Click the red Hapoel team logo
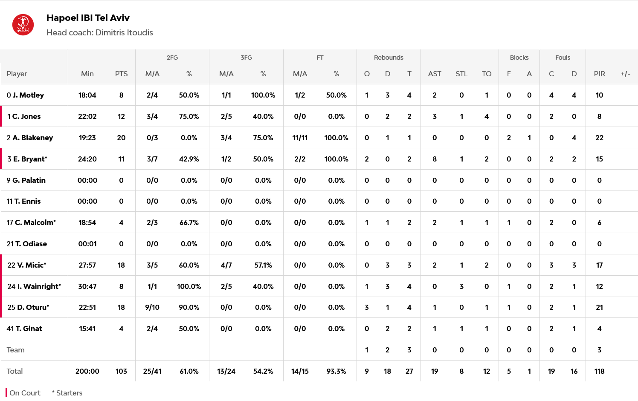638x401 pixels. [x=23, y=25]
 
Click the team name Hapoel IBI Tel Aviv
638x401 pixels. [x=88, y=18]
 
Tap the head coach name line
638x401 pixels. [x=99, y=33]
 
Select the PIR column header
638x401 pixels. [x=599, y=74]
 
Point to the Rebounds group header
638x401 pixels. [x=388, y=58]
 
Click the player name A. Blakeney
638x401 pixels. [x=32, y=138]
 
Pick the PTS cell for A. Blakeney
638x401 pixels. [x=121, y=138]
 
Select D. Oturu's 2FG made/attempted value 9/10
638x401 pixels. [x=152, y=307]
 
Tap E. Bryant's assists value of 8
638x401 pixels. [x=434, y=159]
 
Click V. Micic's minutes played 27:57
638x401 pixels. [x=87, y=265]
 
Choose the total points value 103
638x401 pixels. [x=121, y=371]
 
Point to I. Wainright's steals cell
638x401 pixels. [x=461, y=286]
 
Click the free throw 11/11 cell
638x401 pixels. [x=300, y=138]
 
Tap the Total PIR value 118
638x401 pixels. [x=599, y=371]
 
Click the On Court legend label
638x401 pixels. [x=25, y=393]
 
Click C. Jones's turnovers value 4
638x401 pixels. [x=487, y=116]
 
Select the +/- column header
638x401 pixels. [x=625, y=74]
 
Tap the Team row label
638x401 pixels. [x=16, y=350]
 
